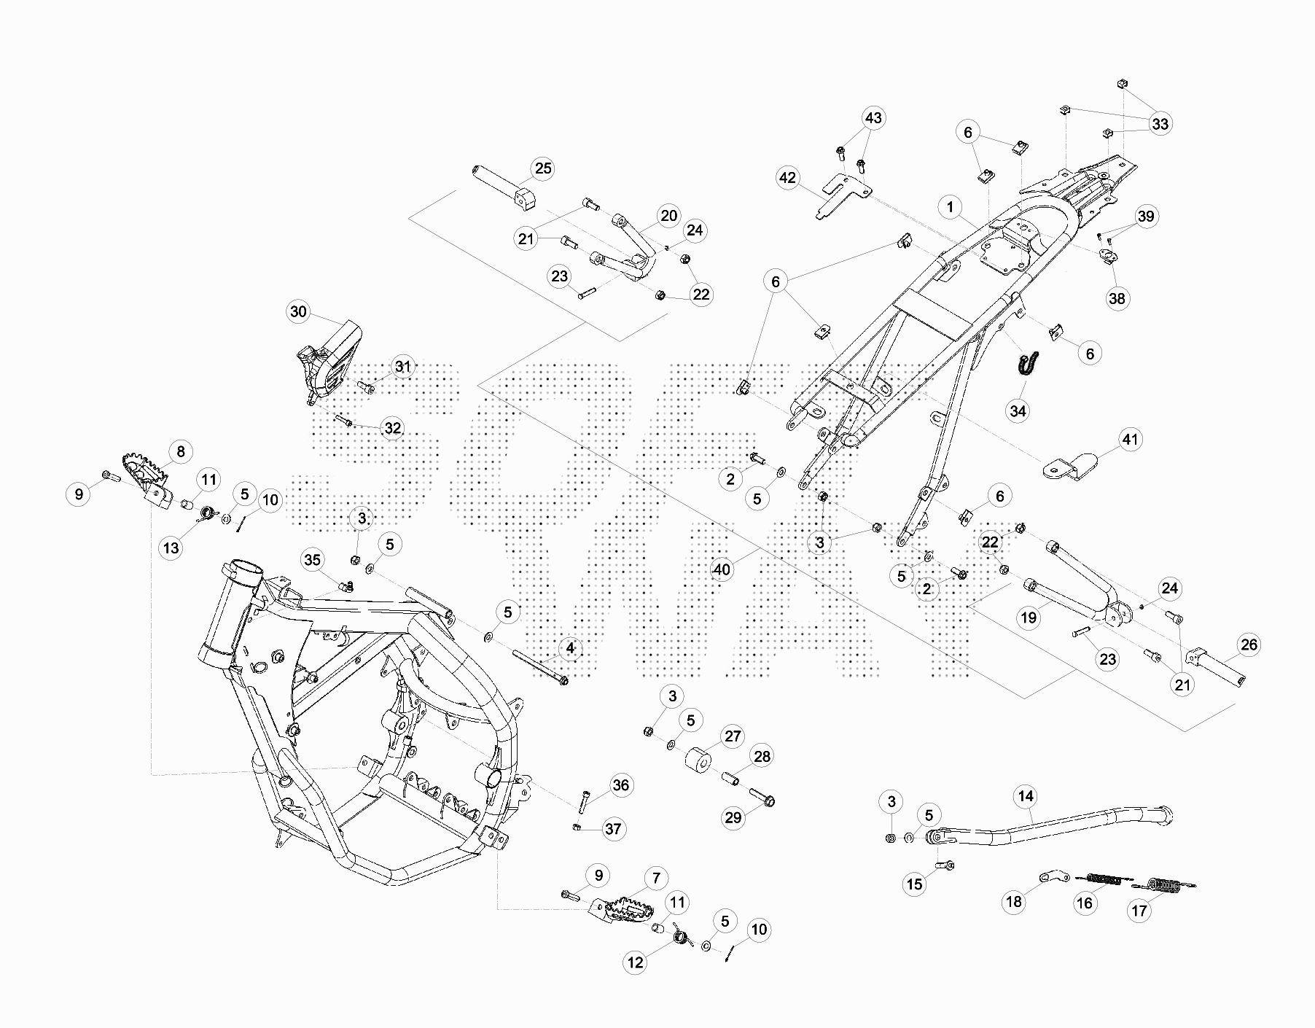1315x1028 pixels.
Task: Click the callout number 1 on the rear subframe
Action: (x=950, y=207)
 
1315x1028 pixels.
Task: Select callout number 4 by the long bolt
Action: (x=570, y=648)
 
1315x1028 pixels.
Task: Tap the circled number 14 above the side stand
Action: (x=1026, y=796)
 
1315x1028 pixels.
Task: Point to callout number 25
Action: (x=543, y=168)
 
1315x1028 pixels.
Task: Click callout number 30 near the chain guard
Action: (x=298, y=312)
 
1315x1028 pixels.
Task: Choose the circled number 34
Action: (x=1018, y=411)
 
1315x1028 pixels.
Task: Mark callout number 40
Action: (x=722, y=569)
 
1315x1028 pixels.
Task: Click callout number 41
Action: (x=1129, y=440)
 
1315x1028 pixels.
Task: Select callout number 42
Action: (x=788, y=178)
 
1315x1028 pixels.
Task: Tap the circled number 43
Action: (x=873, y=118)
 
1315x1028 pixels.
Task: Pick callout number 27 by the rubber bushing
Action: (x=733, y=736)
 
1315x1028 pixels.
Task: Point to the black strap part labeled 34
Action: (x=1027, y=362)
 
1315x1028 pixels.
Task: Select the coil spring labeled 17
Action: (x=1163, y=885)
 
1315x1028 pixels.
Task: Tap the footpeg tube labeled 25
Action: (x=503, y=189)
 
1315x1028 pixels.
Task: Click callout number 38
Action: (x=1117, y=298)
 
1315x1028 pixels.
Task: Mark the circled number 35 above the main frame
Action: (x=312, y=560)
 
